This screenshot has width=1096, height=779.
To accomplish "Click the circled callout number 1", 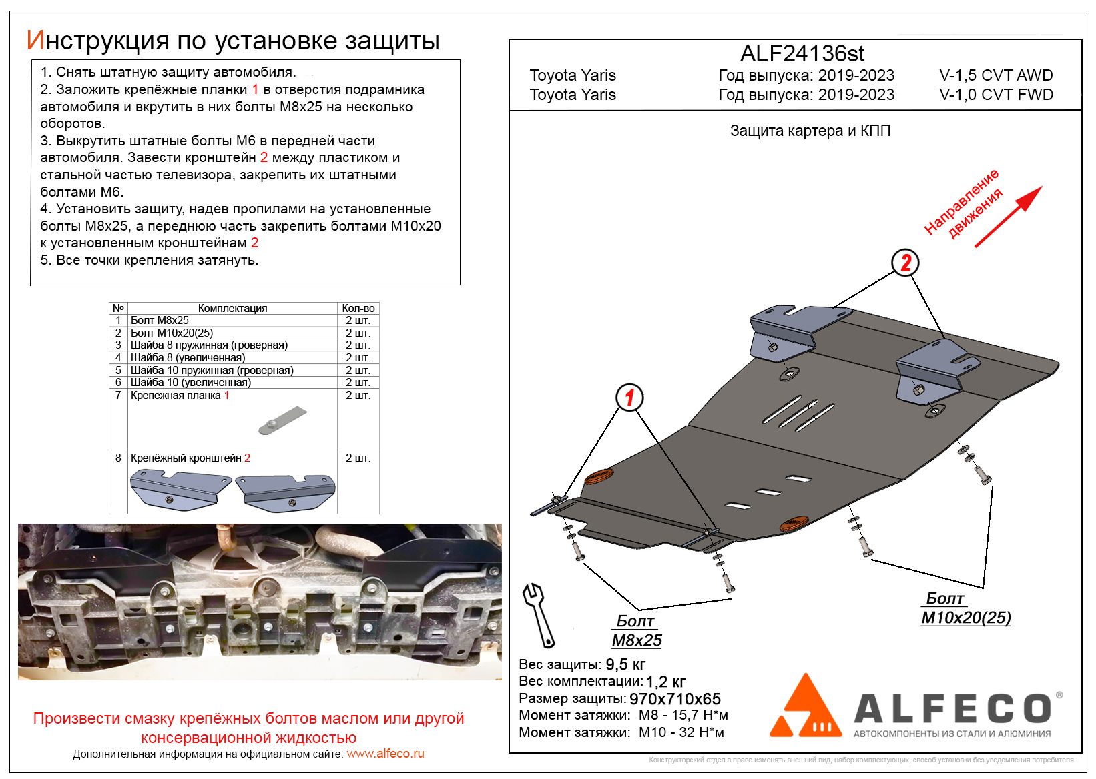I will pyautogui.click(x=629, y=398).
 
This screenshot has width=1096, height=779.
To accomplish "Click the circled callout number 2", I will pyautogui.click(x=905, y=263).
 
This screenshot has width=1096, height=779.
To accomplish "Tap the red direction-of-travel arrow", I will pyautogui.click(x=1008, y=217).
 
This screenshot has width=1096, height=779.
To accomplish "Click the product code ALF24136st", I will pyautogui.click(x=802, y=53).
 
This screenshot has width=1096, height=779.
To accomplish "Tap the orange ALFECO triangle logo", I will pyautogui.click(x=806, y=708).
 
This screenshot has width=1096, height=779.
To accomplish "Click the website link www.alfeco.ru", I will pyautogui.click(x=385, y=754).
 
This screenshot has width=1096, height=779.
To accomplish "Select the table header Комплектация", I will pyautogui.click(x=232, y=308).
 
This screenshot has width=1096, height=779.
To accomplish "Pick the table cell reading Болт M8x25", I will pyautogui.click(x=160, y=321).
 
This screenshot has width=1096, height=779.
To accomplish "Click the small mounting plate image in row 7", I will pyautogui.click(x=282, y=420).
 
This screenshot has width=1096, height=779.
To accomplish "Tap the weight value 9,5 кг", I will pyautogui.click(x=625, y=664).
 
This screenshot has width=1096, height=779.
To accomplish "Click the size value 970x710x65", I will pyautogui.click(x=675, y=699).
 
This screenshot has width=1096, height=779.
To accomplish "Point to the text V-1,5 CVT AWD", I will pyautogui.click(x=996, y=75).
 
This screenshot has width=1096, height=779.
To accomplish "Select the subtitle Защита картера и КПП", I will pyautogui.click(x=810, y=131).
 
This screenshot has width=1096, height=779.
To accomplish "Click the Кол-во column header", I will pyautogui.click(x=358, y=308).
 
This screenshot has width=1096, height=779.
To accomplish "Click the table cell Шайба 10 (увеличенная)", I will pyautogui.click(x=191, y=383).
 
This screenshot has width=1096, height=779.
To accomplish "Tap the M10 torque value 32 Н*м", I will pyautogui.click(x=702, y=732).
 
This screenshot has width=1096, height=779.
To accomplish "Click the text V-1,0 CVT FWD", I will pyautogui.click(x=996, y=95).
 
